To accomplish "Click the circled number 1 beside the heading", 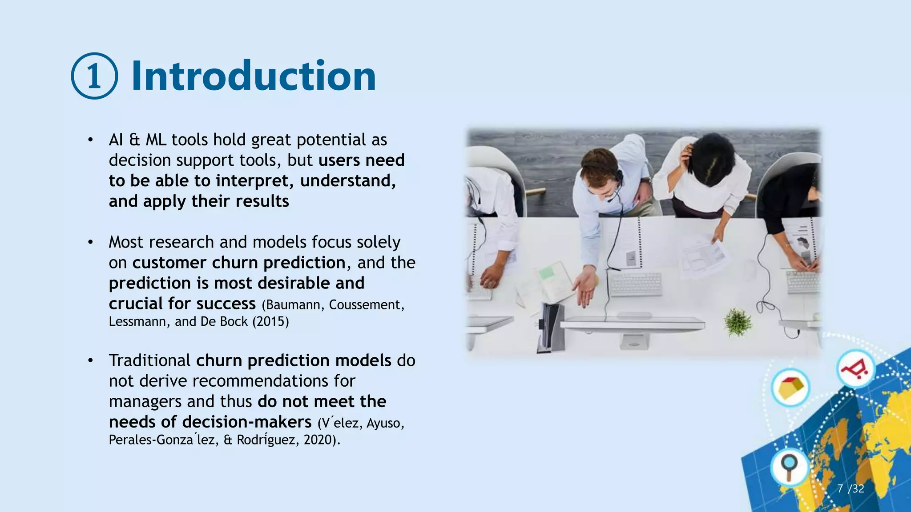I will (94, 76).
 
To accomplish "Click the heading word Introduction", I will (254, 76).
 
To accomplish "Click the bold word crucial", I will (136, 304).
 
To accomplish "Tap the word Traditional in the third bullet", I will (149, 360).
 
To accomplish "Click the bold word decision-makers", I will (247, 422).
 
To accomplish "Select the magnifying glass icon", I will (790, 468).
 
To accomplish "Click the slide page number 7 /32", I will (850, 488).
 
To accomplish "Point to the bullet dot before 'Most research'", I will (90, 242).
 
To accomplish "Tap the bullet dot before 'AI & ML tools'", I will (90, 140).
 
